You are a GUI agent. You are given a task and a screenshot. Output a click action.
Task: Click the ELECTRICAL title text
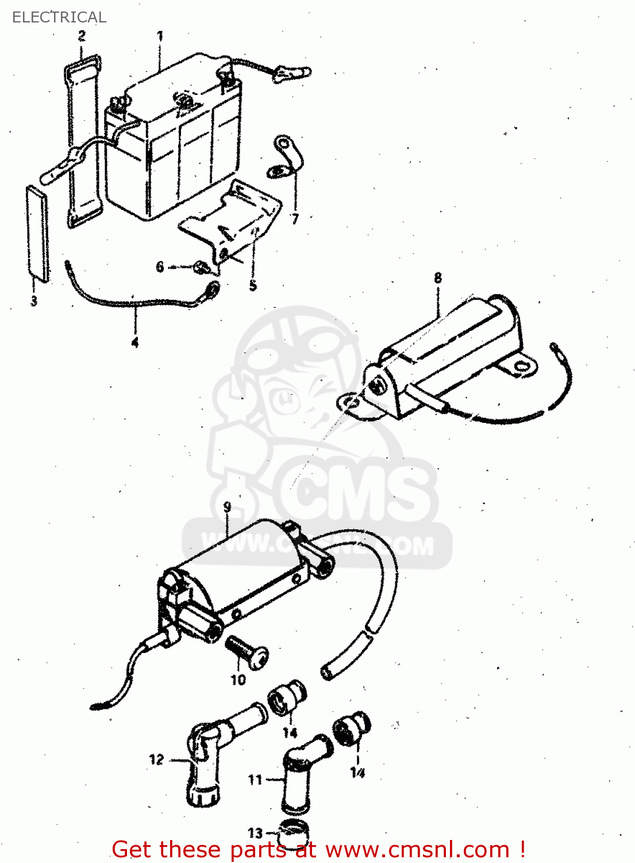tap(59, 17)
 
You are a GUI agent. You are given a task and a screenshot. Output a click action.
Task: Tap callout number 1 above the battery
tap(160, 36)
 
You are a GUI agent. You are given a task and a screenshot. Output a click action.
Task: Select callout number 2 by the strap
tap(82, 36)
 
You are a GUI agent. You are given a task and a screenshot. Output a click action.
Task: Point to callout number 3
tap(34, 300)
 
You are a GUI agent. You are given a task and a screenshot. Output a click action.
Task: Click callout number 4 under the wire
tap(134, 342)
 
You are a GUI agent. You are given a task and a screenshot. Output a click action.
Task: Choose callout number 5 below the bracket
tap(253, 285)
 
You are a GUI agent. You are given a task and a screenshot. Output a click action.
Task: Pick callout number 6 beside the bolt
tap(160, 266)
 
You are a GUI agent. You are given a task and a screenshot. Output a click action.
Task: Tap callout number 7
tap(295, 219)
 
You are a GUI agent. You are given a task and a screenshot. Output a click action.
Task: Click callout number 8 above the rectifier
tap(438, 278)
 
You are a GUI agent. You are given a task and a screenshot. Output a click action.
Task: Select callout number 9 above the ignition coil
tap(227, 507)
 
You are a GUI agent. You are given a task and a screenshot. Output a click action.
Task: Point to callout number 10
tap(238, 679)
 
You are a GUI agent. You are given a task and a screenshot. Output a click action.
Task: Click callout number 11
tap(255, 780)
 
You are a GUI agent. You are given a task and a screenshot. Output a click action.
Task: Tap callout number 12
tap(156, 759)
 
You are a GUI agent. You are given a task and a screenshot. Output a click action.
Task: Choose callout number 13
tap(255, 833)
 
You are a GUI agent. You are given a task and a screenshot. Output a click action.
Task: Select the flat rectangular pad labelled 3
tap(37, 233)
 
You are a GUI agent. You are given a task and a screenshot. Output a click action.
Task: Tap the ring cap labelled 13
tap(294, 831)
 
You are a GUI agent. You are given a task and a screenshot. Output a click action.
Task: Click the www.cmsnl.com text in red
tap(418, 850)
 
